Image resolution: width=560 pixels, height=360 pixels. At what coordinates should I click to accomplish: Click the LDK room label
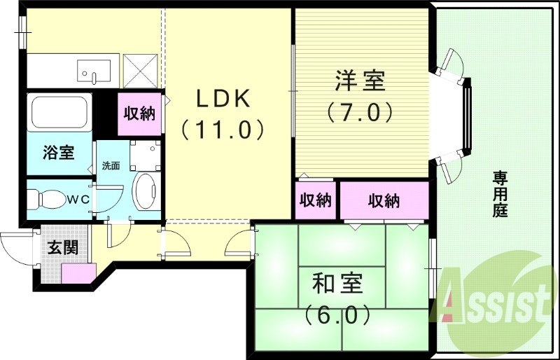click(x=223, y=99)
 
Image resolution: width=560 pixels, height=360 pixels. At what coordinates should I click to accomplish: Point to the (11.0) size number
click(x=223, y=129)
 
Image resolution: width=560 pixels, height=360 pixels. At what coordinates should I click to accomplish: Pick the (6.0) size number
click(x=337, y=314)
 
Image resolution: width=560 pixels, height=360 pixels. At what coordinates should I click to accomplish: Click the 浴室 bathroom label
click(x=59, y=152)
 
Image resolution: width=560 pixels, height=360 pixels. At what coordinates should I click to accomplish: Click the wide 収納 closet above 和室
click(x=384, y=200)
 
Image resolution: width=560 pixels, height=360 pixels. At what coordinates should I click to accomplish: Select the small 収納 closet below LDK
click(x=315, y=200)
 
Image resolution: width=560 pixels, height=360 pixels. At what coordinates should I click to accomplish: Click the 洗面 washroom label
click(x=111, y=167)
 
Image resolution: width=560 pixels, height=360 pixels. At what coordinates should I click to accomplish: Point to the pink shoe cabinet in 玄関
click(x=77, y=273)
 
